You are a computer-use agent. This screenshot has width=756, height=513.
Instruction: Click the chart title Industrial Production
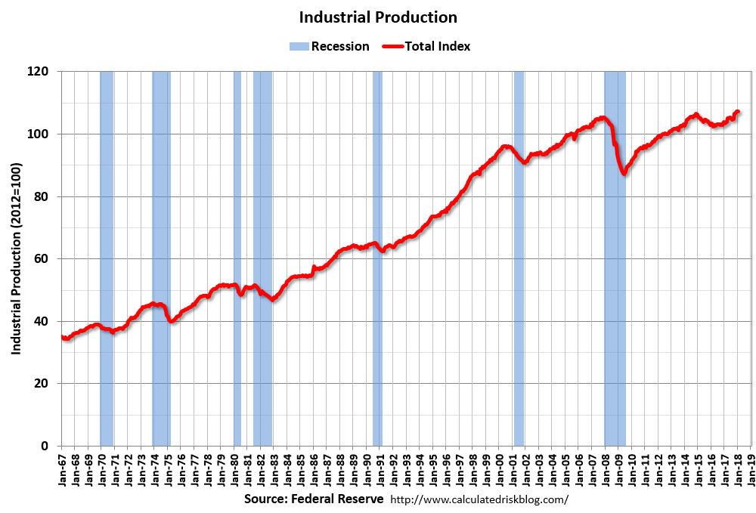[378, 17]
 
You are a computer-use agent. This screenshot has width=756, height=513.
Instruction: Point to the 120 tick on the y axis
[39, 72]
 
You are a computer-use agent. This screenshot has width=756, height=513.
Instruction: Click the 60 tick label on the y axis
[42, 258]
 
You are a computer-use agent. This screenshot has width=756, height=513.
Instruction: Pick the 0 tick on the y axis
[45, 446]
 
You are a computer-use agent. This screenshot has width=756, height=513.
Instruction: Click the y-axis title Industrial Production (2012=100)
[16, 258]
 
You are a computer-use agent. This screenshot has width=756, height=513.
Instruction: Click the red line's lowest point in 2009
[624, 175]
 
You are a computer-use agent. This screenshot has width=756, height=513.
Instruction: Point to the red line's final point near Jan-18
[738, 112]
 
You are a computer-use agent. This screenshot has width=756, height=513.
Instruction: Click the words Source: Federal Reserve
[314, 500]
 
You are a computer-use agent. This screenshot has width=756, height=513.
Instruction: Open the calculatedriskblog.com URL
[479, 500]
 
